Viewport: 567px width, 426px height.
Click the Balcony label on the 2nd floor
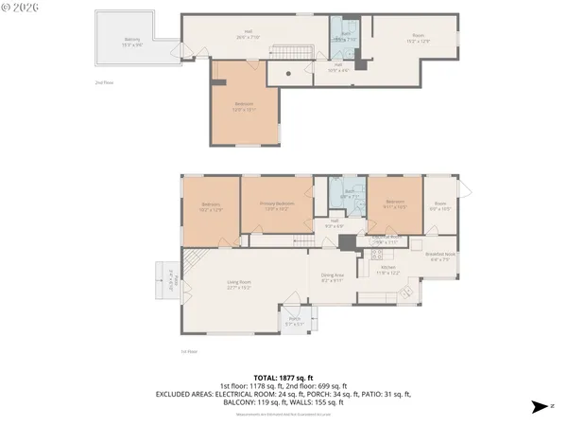pyautogui.click(x=131, y=43)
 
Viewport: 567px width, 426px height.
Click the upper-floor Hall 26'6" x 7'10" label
pyautogui.click(x=249, y=35)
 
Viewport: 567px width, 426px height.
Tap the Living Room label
pyautogui.click(x=238, y=283)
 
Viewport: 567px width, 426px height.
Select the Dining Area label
pyautogui.click(x=332, y=278)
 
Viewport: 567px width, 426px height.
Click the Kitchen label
pyautogui.click(x=389, y=270)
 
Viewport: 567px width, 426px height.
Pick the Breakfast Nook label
pyautogui.click(x=441, y=256)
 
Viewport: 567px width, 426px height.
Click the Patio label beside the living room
pyautogui.click(x=172, y=281)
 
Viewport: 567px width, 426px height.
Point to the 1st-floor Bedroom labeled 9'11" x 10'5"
pyautogui.click(x=394, y=203)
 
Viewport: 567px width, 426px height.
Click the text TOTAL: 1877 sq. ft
pyautogui.click(x=283, y=377)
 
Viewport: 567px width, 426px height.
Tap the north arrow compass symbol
pyautogui.click(x=539, y=407)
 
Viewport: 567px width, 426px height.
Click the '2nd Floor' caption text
pyautogui.click(x=104, y=83)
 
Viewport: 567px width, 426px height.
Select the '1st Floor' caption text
pyautogui.click(x=188, y=351)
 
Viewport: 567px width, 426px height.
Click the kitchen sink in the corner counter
pyautogui.click(x=407, y=293)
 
